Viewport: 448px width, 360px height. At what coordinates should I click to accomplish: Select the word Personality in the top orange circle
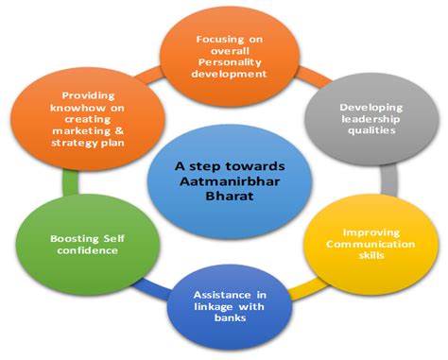pyautogui.click(x=230, y=56)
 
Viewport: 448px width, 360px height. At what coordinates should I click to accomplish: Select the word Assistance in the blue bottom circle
pyautogui.click(x=225, y=295)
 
